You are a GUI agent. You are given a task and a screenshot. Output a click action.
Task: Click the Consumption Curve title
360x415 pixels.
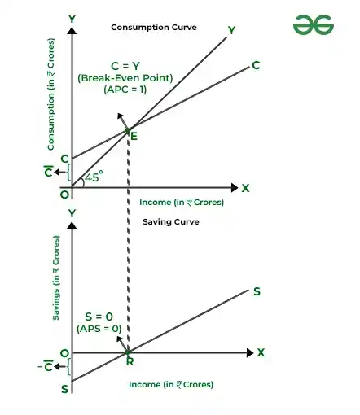coord(154,28)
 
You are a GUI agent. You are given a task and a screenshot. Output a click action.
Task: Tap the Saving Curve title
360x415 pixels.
coord(171,222)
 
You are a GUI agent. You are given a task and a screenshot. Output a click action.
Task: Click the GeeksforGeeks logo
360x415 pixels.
coord(314,24)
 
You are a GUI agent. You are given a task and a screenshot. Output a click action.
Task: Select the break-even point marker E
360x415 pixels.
coord(128,131)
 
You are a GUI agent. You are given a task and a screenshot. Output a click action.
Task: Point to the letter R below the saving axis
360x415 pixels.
coord(130,361)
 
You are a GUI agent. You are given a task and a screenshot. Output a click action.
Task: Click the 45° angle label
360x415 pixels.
coord(94,177)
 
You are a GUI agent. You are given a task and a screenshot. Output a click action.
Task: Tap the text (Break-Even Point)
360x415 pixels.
coord(125,78)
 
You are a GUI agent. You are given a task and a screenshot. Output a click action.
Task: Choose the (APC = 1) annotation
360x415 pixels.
coord(125,90)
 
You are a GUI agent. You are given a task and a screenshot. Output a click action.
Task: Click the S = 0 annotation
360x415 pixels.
coord(99,317)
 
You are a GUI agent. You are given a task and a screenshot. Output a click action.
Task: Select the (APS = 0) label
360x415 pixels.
coord(99,329)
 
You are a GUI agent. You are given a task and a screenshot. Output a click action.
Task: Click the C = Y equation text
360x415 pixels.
coord(125,66)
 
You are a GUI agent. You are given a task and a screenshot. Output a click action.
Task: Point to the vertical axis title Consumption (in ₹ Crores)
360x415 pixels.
coord(51,94)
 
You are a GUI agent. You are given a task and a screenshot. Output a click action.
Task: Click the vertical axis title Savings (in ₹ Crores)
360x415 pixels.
coord(55,278)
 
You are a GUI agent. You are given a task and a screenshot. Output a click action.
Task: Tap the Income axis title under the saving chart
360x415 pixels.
coord(171,385)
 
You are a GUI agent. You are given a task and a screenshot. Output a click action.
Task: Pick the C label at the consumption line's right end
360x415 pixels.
coord(256,65)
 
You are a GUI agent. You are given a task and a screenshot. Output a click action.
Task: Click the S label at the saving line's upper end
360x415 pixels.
coord(257,291)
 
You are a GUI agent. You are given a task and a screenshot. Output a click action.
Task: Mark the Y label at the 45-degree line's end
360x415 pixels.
coord(231,30)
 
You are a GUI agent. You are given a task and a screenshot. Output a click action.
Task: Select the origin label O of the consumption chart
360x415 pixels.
coord(64,194)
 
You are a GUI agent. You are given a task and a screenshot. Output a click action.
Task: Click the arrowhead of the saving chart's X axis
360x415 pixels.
coord(250,352)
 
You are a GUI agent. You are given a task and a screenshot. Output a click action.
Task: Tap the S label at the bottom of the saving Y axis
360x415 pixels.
coord(64,389)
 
